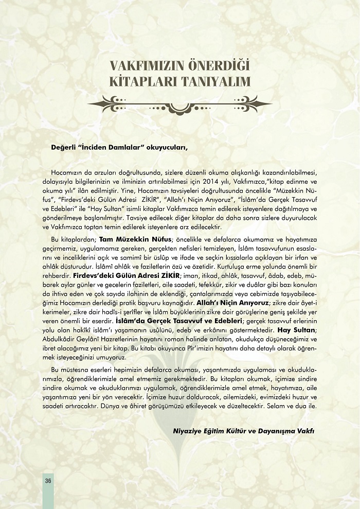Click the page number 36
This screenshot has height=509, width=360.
pos(48,481)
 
